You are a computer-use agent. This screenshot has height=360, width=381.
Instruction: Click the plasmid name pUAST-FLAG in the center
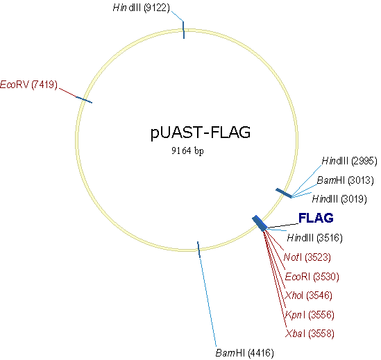click(x=201, y=132)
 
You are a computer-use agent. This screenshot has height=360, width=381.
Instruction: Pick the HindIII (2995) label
click(x=349, y=161)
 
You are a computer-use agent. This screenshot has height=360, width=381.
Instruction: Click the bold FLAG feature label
click(x=316, y=218)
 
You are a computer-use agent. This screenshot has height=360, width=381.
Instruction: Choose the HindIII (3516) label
click(x=314, y=238)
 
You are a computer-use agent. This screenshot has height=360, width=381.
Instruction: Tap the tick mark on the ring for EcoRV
click(x=84, y=101)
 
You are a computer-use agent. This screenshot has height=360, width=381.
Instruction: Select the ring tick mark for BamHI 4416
click(x=199, y=249)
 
